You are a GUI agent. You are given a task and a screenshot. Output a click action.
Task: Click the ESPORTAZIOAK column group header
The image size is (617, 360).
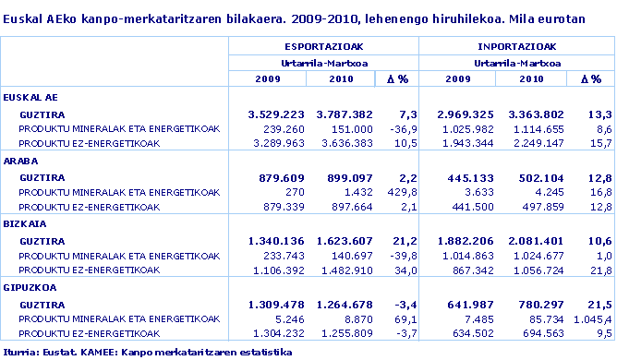click(x=322, y=45)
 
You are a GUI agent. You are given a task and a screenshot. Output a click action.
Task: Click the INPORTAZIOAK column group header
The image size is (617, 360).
click(x=516, y=45)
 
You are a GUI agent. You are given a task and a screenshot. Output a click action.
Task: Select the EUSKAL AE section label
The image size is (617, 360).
click(x=31, y=96)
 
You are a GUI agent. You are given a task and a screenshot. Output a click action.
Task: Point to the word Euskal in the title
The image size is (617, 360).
click(x=20, y=18)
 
